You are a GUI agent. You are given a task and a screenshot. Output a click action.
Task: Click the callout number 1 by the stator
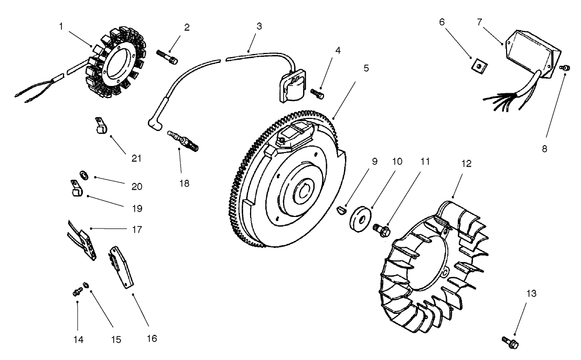click(62, 27)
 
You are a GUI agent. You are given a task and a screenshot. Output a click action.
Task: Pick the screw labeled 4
click(317, 93)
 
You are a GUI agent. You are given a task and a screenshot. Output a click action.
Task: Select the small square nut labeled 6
click(478, 64)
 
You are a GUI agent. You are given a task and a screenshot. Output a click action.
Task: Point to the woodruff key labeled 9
click(341, 211)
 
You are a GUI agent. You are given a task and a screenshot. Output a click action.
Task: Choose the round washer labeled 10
click(361, 217)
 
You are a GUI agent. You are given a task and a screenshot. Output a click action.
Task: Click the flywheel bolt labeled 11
click(381, 230)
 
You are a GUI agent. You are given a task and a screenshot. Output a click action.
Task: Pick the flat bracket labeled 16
click(122, 268)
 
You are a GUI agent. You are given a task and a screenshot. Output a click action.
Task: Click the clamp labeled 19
click(76, 188)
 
